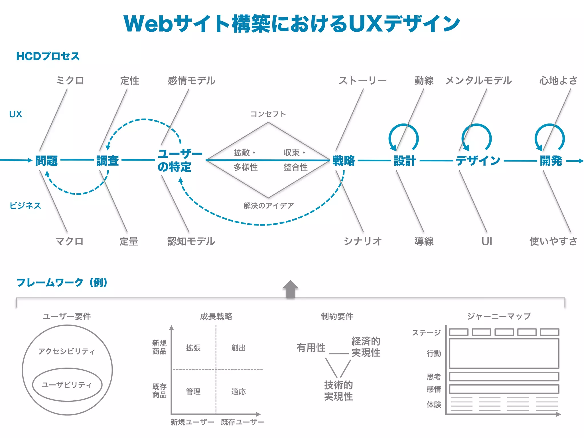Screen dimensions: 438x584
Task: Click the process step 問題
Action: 46,161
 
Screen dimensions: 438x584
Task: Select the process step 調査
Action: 108,161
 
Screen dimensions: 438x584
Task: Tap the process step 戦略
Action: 344,161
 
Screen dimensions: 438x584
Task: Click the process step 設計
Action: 405,161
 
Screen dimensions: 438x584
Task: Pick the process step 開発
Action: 551,161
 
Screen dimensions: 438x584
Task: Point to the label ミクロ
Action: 70,80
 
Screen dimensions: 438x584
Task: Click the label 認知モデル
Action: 191,241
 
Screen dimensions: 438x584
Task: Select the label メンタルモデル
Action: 478,80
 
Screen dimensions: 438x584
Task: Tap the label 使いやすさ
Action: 553,241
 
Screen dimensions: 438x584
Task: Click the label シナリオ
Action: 362,241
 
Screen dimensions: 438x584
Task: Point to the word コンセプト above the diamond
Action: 268,114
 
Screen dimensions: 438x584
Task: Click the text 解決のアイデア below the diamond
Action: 268,205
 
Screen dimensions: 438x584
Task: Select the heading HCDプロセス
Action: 48,56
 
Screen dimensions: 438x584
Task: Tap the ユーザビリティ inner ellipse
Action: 67,385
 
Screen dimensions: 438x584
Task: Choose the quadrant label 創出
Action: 238,348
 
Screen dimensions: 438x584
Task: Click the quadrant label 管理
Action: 193,391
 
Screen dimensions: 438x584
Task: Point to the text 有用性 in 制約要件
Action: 311,347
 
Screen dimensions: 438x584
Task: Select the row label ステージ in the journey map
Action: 426,332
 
